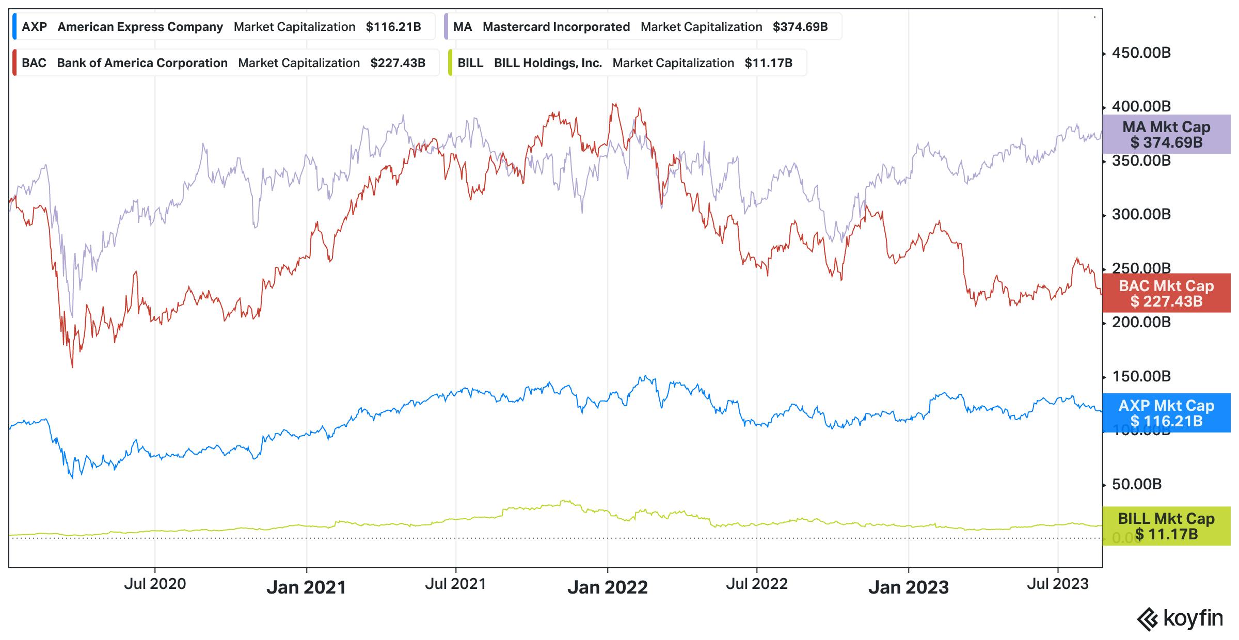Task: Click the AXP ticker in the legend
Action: tap(34, 27)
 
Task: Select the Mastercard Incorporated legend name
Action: tap(556, 27)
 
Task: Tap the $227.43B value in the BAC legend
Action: tap(398, 63)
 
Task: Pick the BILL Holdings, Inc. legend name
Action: tap(548, 63)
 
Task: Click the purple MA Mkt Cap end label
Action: tap(1166, 134)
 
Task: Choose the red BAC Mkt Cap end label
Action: tap(1166, 293)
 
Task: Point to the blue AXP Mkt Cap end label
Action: tap(1166, 413)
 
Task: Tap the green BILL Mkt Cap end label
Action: tap(1166, 526)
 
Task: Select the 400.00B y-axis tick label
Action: tap(1141, 106)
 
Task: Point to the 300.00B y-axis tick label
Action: tap(1141, 214)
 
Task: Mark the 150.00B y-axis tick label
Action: tap(1141, 376)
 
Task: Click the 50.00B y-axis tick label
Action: tap(1136, 484)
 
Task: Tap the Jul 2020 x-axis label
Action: tap(155, 584)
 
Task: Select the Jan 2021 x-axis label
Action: tap(306, 587)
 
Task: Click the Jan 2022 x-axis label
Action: tap(607, 587)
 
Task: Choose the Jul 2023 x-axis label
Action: tap(1057, 584)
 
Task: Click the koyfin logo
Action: tap(1180, 618)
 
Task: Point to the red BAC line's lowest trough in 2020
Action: tap(72, 367)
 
